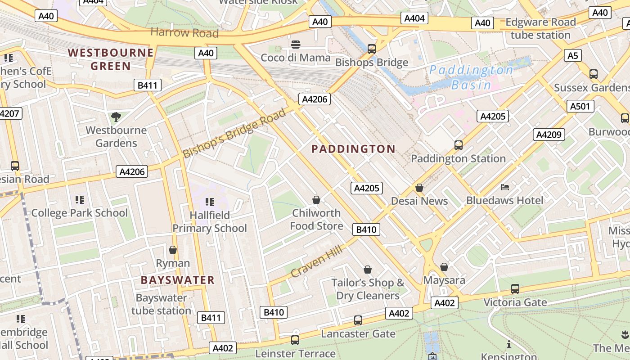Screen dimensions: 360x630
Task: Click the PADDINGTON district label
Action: coord(353,149)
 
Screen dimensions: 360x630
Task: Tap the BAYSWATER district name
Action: coord(177,280)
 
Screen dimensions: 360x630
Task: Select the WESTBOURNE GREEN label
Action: coord(111,59)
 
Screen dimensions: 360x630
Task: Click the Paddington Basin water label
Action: coord(471,77)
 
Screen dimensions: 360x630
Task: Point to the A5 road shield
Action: coord(572,55)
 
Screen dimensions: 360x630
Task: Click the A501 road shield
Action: coord(580,106)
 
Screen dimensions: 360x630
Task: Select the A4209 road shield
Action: coord(549,134)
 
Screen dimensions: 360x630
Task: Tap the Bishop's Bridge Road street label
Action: coord(234,133)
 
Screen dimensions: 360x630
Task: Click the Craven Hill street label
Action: coord(317,261)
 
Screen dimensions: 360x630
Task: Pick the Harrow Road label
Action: coord(184,32)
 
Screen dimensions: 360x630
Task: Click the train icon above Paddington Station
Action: coord(458,145)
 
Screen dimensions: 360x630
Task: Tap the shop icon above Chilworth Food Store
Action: coord(316,200)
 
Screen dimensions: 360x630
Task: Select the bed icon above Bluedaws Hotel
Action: coord(504,187)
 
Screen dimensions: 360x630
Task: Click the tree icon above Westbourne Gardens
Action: coord(116,117)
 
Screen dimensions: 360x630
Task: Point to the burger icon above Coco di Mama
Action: coord(296,45)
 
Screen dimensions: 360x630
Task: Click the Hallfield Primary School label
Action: coord(210,222)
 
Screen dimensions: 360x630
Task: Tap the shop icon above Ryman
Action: coord(173,250)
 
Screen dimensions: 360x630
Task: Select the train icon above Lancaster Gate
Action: coord(358,320)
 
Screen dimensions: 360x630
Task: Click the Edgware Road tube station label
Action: coord(540,28)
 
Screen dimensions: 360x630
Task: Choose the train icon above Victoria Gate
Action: coord(515,289)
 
